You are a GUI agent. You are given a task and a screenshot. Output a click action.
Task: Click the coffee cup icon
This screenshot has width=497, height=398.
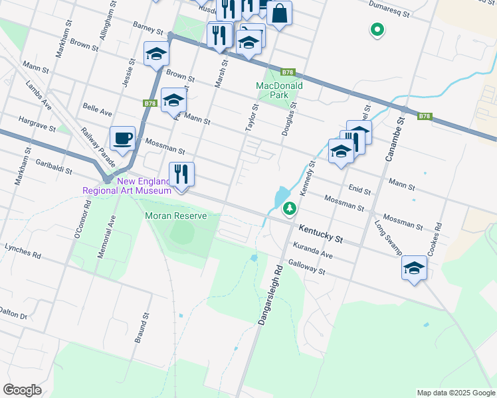(x=123, y=139)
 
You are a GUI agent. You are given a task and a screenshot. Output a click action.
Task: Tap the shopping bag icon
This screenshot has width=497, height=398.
(x=279, y=13)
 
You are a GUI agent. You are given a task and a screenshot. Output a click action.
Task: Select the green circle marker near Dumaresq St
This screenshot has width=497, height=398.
(x=377, y=29)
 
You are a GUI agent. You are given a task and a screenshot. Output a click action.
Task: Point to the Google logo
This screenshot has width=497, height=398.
(x=22, y=390)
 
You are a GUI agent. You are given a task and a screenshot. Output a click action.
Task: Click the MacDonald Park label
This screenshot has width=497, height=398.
(x=280, y=90)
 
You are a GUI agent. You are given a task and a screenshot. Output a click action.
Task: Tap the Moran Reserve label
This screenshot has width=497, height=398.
(x=176, y=216)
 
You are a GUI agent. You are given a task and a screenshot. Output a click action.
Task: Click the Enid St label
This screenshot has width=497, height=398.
(x=359, y=191)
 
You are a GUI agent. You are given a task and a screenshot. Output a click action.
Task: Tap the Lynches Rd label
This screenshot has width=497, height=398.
(x=23, y=250)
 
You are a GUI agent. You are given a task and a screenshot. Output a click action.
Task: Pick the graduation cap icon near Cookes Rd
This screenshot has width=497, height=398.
(x=414, y=268)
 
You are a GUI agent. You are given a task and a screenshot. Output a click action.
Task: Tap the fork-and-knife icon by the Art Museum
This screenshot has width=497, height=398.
(x=181, y=174)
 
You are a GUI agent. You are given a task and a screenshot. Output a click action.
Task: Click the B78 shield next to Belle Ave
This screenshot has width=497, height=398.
(x=149, y=103)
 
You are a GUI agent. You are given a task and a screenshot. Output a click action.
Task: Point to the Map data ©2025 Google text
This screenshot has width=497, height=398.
(x=455, y=392)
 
